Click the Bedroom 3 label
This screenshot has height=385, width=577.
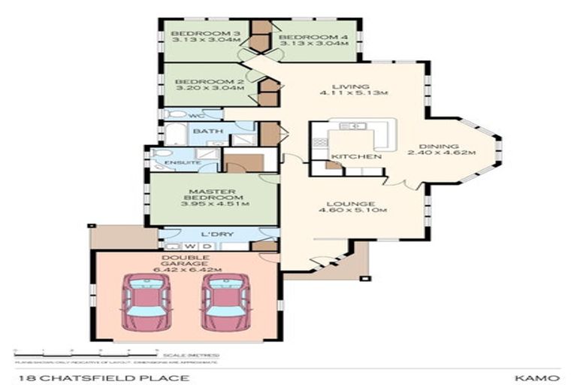pyautogui.click(x=195, y=34)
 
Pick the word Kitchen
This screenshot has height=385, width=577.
pyautogui.click(x=357, y=156)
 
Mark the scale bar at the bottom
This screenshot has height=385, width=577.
pyautogui.click(x=84, y=350)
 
